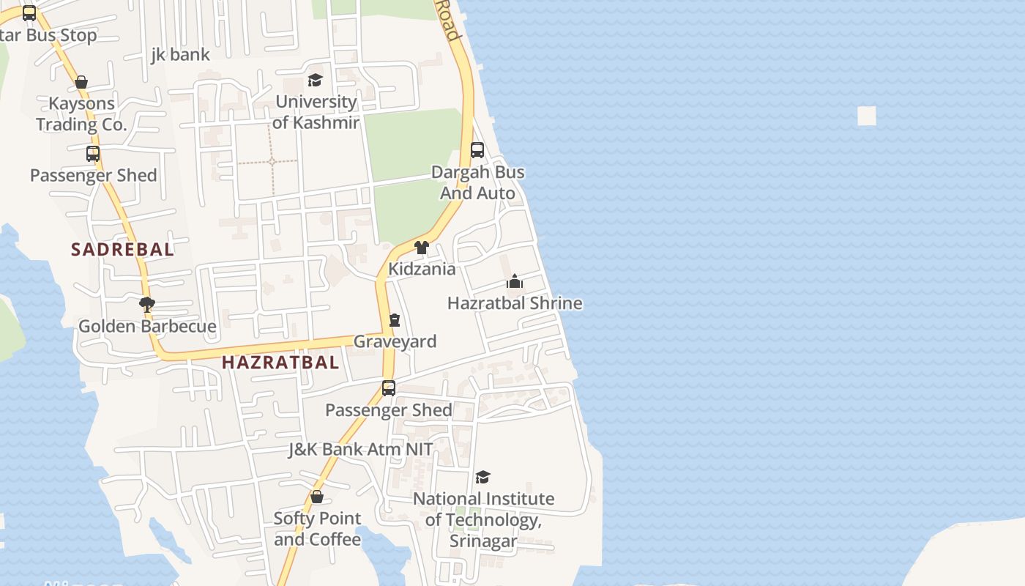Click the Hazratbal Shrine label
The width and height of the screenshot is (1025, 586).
[x=515, y=303]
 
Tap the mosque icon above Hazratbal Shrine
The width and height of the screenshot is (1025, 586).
[x=515, y=282]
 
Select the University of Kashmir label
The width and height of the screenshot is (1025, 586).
[x=316, y=112]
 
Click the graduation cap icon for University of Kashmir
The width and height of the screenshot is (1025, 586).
[x=315, y=80]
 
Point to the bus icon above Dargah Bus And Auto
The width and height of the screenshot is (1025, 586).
[x=477, y=150]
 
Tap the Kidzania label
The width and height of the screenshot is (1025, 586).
[x=422, y=269]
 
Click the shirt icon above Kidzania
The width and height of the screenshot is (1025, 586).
[x=422, y=248]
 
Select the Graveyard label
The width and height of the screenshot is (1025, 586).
[x=395, y=341]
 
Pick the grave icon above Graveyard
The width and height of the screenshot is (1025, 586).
[x=395, y=320]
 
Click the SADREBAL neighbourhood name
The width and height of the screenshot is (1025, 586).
[x=122, y=249]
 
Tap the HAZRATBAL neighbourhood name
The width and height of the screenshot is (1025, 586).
[x=280, y=362]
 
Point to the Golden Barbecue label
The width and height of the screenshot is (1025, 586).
[x=147, y=327]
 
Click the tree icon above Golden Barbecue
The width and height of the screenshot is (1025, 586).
[x=146, y=304]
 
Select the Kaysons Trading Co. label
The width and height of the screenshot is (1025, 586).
[x=82, y=114]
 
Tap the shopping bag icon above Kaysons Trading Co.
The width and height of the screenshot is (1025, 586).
[x=81, y=82]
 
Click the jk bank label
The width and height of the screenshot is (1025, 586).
[x=180, y=54]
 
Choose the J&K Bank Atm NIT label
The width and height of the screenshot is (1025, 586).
[x=360, y=449]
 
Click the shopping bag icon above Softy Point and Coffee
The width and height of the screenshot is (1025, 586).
[x=317, y=497]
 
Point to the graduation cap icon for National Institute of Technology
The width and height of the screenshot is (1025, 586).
[x=482, y=477]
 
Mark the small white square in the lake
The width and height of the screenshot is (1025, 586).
[x=867, y=116]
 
